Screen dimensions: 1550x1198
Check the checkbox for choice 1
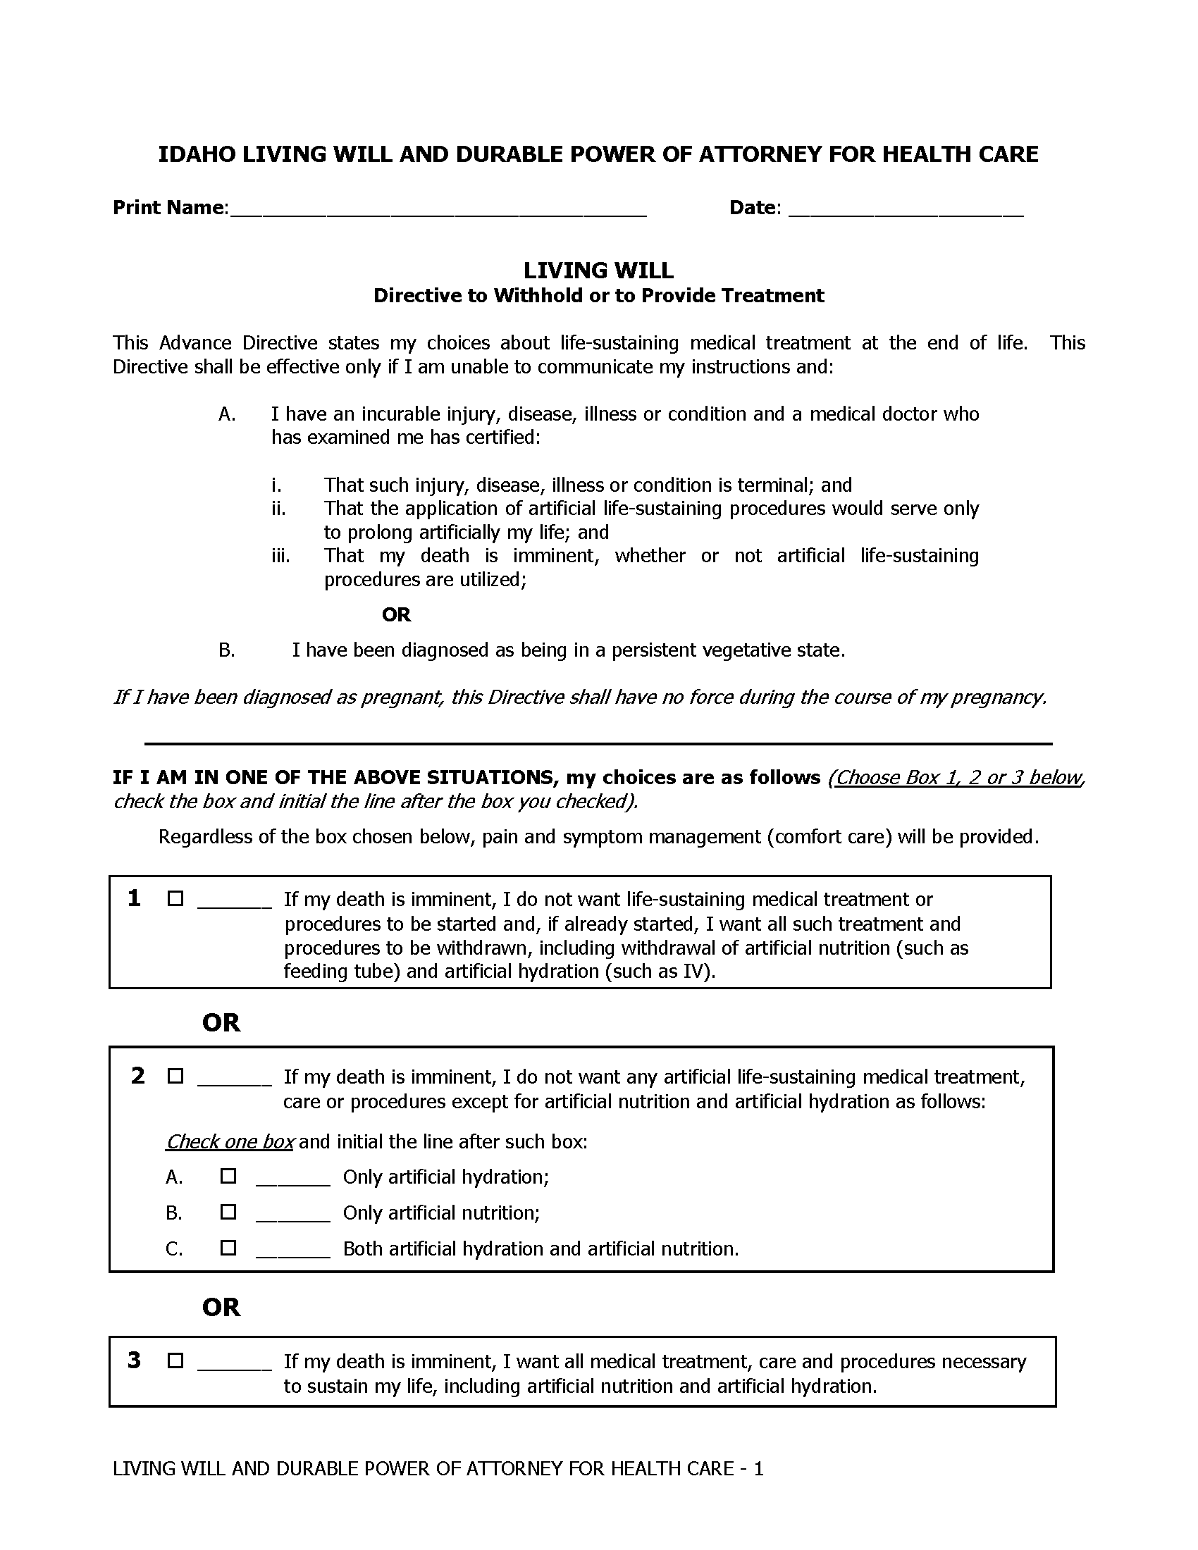click(x=175, y=899)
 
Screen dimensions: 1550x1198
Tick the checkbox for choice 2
click(x=175, y=1077)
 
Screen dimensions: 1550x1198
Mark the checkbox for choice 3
click(x=175, y=1360)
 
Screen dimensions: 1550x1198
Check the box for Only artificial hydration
click(x=228, y=1176)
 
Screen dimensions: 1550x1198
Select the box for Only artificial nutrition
click(x=228, y=1212)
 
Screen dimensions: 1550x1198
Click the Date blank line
click(x=906, y=209)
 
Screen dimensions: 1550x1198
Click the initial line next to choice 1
click(x=234, y=903)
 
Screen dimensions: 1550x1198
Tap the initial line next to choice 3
click(x=234, y=1364)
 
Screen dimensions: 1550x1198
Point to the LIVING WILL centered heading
click(x=598, y=271)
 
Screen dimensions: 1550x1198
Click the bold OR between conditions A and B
click(x=396, y=614)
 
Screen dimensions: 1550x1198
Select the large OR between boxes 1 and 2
click(x=221, y=1023)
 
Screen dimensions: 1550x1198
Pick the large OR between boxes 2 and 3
click(x=221, y=1306)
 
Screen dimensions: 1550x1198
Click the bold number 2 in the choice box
click(x=137, y=1076)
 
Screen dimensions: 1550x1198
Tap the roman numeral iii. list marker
click(x=280, y=556)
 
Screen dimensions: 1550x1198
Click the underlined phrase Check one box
click(x=230, y=1141)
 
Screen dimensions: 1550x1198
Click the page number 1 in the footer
click(x=759, y=1468)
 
